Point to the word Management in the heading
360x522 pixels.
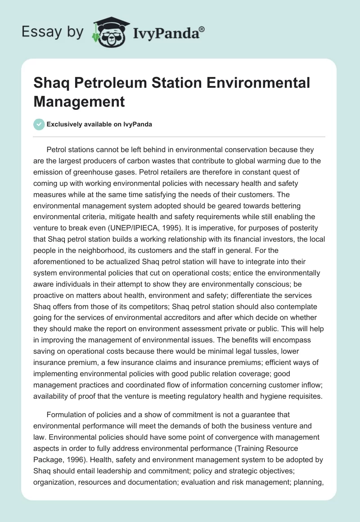point(79,102)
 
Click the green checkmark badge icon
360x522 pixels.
point(39,124)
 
